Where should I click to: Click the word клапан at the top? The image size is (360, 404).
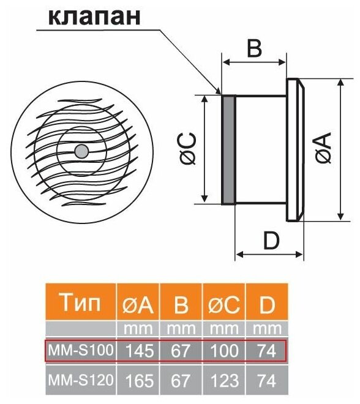pyautogui.click(x=94, y=17)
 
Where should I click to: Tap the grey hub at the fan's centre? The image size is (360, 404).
pyautogui.click(x=81, y=151)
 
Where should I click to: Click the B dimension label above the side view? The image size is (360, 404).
pyautogui.click(x=254, y=48)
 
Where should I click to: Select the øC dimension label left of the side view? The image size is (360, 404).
pyautogui.click(x=188, y=148)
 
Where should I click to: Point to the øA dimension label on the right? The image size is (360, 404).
pyautogui.click(x=323, y=148)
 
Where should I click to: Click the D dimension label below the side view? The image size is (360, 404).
pyautogui.click(x=271, y=241)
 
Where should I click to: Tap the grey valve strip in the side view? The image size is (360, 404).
pyautogui.click(x=228, y=150)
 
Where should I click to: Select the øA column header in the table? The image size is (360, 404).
pyautogui.click(x=138, y=305)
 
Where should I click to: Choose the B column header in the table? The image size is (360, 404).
pyautogui.click(x=181, y=305)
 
